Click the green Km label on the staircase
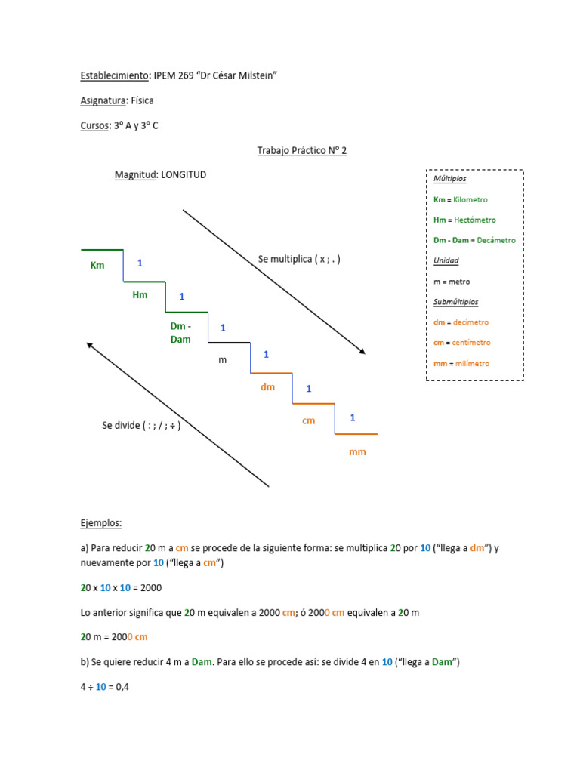coord(97,265)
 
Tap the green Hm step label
coord(140,295)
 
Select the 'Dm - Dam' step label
coord(180,333)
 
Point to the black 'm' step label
coord(222,360)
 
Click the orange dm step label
coord(267,387)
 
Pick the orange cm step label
coord(308,420)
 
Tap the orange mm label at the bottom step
coord(357,451)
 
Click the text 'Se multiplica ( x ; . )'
coord(299,259)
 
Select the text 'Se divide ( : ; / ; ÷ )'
coord(141,425)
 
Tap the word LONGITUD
coord(184,174)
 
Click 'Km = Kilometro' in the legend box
coord(461,200)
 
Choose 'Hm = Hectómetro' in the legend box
coord(464,220)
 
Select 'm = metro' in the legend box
coord(452,282)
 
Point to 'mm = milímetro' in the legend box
coord(461,363)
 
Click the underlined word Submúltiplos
coord(455,302)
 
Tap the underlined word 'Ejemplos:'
coord(101,522)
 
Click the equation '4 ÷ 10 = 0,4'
coord(105,687)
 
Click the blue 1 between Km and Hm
coord(140,263)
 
